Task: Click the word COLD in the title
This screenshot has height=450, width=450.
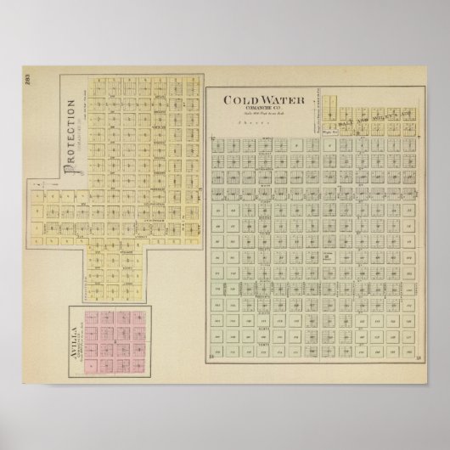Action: tap(237, 100)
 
